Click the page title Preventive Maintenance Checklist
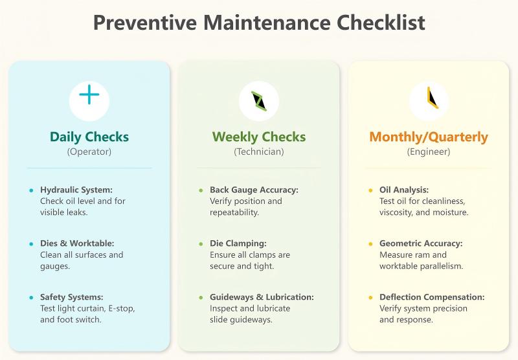(x=259, y=22)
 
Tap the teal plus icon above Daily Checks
(x=89, y=96)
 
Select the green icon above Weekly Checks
(x=259, y=101)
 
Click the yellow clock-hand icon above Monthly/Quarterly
(x=429, y=98)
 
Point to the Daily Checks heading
(x=89, y=137)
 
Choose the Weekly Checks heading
(x=259, y=137)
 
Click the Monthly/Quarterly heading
(x=429, y=137)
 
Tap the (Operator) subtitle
(x=89, y=152)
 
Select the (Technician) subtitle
(x=259, y=152)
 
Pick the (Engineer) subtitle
(x=429, y=152)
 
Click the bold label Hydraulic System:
(x=76, y=190)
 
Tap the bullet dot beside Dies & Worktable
(x=30, y=244)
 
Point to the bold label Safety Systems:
(x=71, y=297)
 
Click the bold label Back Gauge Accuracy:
(x=254, y=190)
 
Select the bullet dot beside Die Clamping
(x=201, y=244)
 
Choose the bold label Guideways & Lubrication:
(x=262, y=297)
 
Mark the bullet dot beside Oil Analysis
(x=370, y=190)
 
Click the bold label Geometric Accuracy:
(x=421, y=243)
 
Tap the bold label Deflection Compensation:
(x=432, y=297)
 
